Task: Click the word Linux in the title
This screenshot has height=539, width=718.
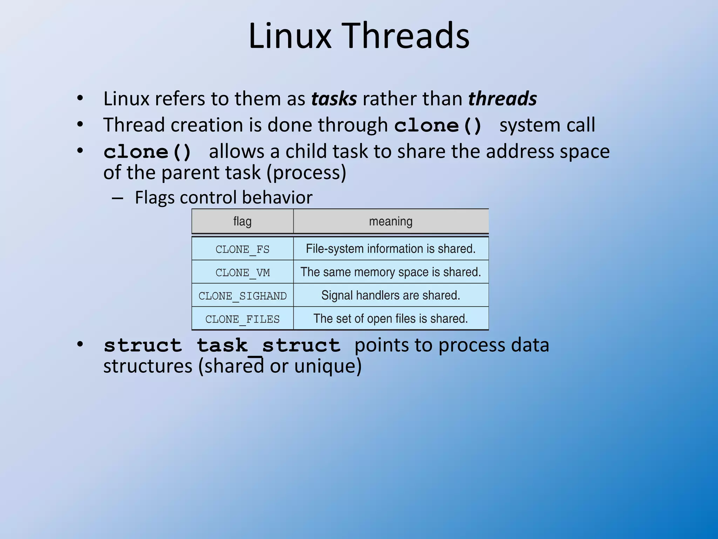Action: [x=290, y=36]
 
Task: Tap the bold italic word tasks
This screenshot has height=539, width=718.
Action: [x=334, y=99]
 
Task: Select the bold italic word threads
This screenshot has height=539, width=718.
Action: [x=502, y=99]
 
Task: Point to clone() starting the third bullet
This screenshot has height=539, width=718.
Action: [x=148, y=152]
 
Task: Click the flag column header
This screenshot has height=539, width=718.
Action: [x=242, y=221]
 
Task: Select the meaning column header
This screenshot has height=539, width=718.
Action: [x=391, y=221]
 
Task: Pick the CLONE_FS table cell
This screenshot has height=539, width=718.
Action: [x=242, y=249]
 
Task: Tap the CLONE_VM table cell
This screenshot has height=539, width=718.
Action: [x=242, y=272]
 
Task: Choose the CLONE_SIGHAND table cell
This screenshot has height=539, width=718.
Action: [x=242, y=296]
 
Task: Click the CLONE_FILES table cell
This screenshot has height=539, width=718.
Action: [x=242, y=319]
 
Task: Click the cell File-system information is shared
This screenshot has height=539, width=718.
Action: [x=391, y=249]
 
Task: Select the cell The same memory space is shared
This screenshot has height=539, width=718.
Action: [x=391, y=272]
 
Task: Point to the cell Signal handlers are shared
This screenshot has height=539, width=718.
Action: [x=391, y=295]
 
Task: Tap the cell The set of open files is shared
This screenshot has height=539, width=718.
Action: [x=391, y=319]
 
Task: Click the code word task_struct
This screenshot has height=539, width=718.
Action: [x=269, y=346]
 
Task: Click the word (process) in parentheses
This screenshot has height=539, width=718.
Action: [x=306, y=173]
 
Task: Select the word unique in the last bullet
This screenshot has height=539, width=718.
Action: [x=325, y=366]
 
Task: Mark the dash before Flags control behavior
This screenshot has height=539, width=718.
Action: [x=117, y=198]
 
